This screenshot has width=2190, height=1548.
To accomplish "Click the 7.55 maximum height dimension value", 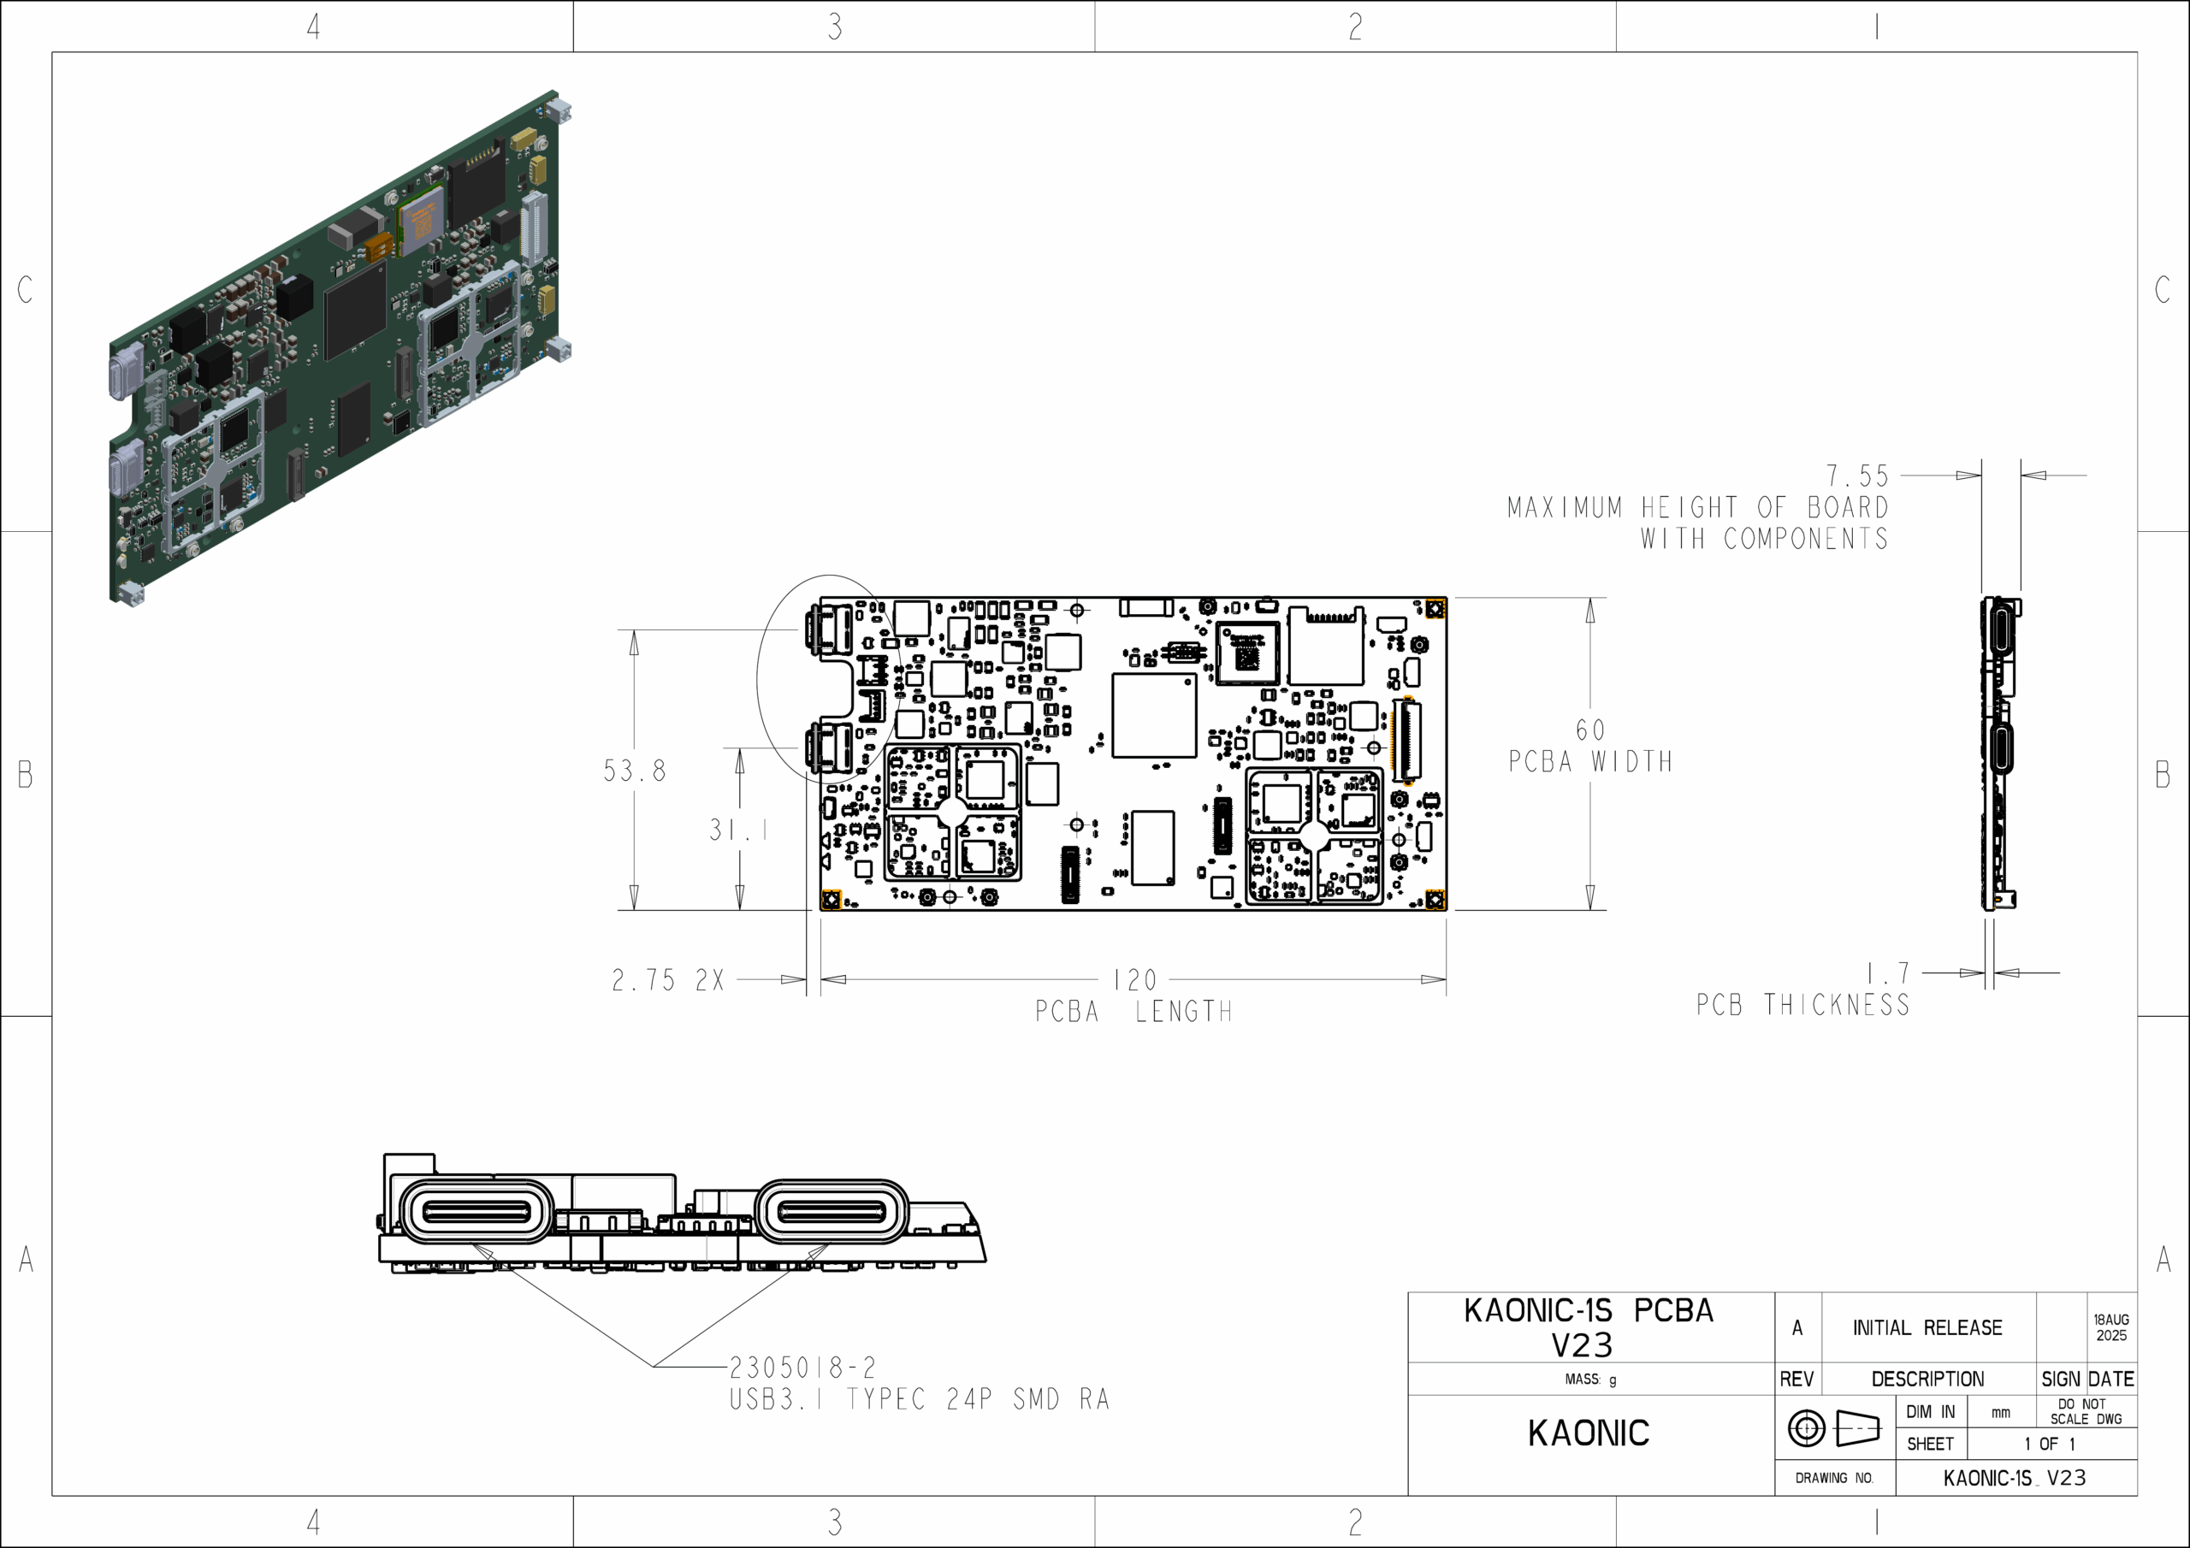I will [x=1856, y=475].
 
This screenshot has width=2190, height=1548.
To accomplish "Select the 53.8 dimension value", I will [x=634, y=771].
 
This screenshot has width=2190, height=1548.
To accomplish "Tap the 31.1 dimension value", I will [x=738, y=830].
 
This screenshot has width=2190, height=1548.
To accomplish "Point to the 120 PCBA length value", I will [x=1135, y=979].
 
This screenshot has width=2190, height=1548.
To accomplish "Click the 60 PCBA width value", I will [x=1590, y=730].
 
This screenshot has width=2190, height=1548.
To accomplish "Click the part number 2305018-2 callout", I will [x=802, y=1368].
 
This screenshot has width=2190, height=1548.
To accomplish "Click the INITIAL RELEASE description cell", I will [x=1927, y=1327].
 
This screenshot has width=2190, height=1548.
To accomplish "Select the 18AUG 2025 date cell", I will [x=2110, y=1327].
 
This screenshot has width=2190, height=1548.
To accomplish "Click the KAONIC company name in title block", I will [x=1588, y=1433].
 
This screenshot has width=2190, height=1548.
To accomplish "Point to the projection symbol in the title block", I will [x=1833, y=1427].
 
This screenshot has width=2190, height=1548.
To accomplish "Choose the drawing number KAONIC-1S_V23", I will [x=2015, y=1477].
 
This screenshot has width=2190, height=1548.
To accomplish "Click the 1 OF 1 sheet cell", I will [x=2049, y=1444].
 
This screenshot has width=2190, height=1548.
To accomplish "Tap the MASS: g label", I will [x=1590, y=1380].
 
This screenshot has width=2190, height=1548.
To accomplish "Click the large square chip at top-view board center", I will [x=1154, y=715].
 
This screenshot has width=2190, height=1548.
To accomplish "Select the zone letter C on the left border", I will [x=25, y=290].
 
